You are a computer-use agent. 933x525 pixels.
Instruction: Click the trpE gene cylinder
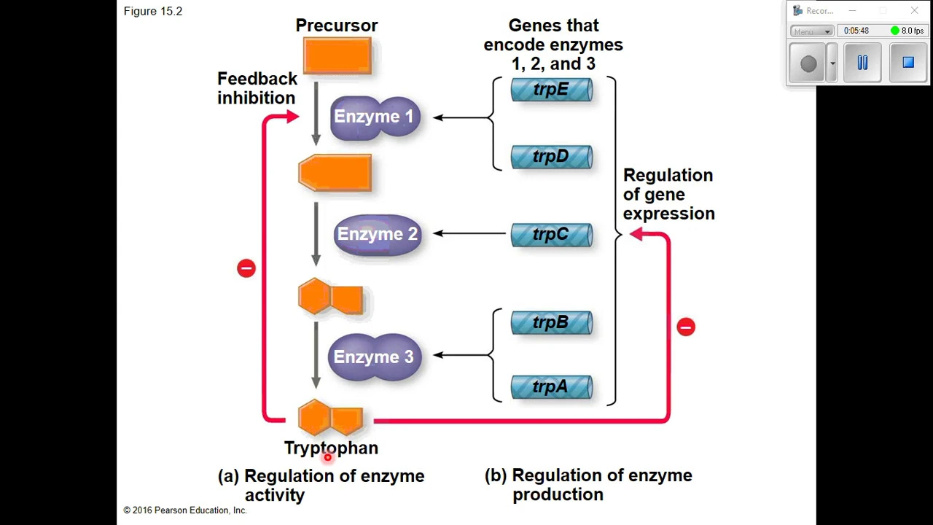point(552,90)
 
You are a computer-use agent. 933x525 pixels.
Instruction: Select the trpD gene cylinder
point(552,157)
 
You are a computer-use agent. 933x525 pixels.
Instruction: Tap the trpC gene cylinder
point(552,235)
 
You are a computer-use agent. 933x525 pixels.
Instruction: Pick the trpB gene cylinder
point(552,322)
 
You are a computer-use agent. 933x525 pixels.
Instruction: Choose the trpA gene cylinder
point(552,387)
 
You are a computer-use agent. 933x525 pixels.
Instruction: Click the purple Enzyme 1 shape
point(375,117)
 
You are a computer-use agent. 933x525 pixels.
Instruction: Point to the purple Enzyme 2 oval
point(378,235)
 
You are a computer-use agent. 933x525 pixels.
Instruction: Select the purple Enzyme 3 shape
point(375,357)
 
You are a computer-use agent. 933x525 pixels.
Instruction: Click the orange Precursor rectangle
point(337,56)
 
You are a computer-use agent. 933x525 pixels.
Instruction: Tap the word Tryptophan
point(331,448)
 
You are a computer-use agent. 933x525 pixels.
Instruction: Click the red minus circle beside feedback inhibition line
point(246,268)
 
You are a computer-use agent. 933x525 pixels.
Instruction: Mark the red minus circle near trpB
point(686,327)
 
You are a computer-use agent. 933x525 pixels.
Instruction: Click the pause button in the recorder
point(862,63)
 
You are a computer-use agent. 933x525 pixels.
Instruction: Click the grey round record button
point(808,63)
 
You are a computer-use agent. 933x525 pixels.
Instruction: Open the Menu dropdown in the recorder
point(812,31)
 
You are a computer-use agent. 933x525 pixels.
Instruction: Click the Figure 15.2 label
point(153,11)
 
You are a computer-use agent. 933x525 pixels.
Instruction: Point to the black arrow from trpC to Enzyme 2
point(469,233)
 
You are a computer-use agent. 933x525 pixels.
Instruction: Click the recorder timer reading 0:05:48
point(856,31)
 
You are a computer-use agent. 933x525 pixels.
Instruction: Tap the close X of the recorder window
point(914,10)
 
